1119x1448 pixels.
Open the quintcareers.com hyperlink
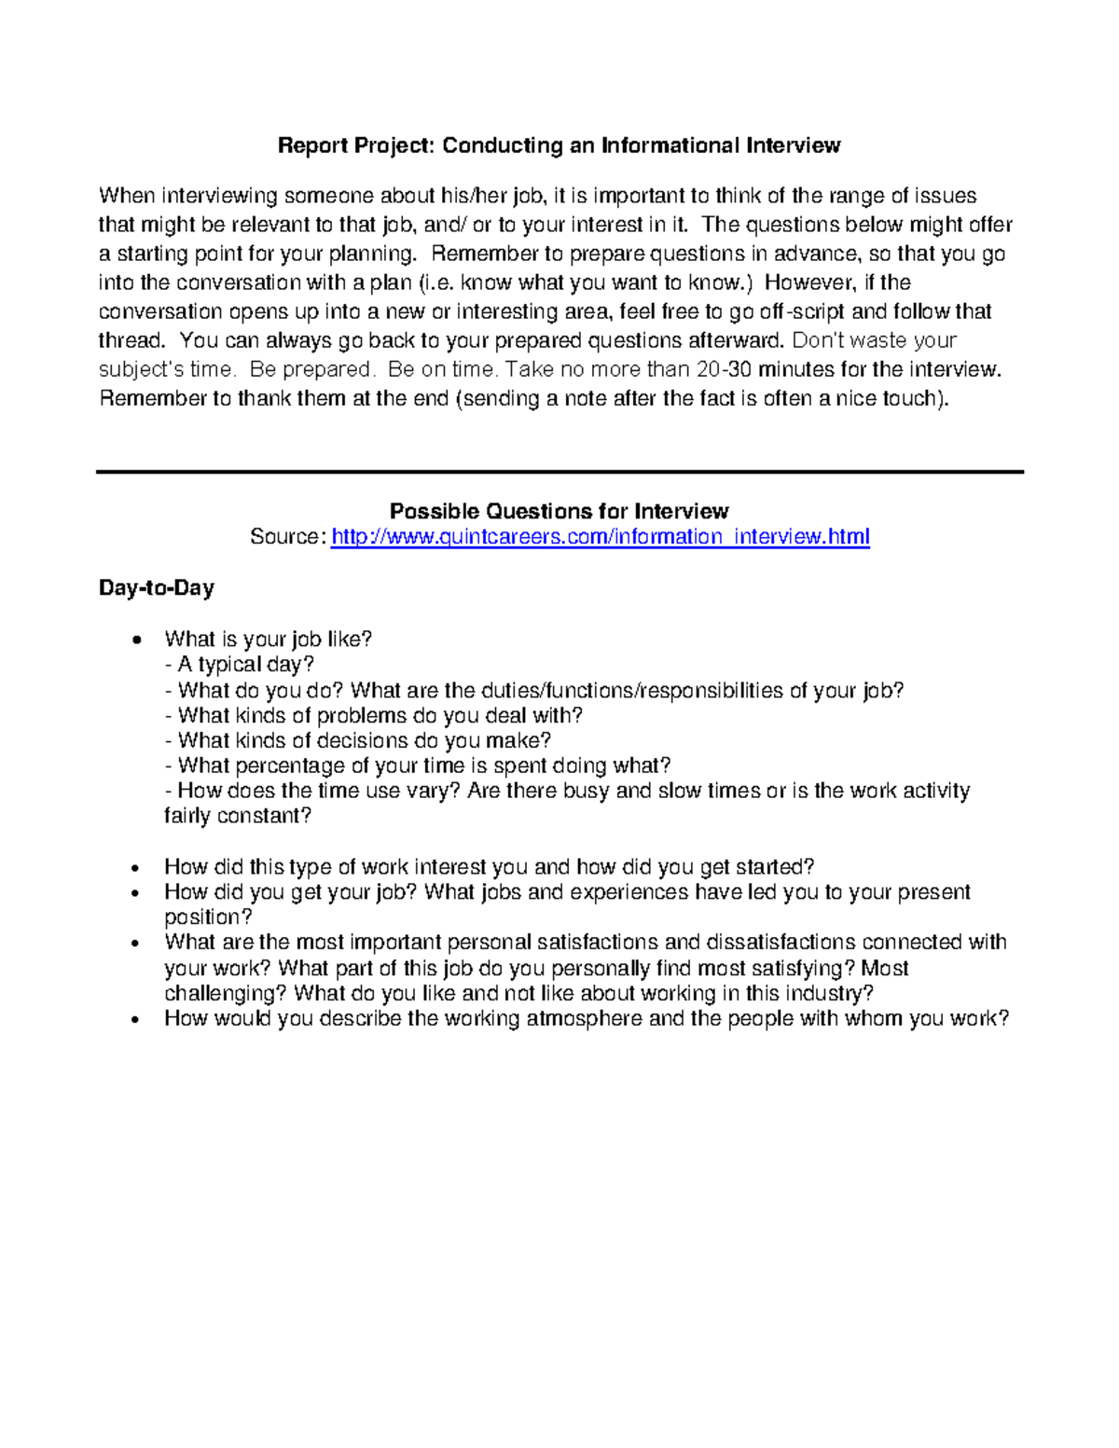[x=600, y=537]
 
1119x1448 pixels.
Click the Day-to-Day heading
[x=157, y=588]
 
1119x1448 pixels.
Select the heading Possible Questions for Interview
[x=559, y=511]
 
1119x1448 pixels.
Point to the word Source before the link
[x=287, y=537]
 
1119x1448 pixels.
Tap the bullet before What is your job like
[x=137, y=641]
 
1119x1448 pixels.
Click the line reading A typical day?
[x=245, y=665]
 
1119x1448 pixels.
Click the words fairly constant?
[x=237, y=817]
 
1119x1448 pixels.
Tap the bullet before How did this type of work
[x=137, y=868]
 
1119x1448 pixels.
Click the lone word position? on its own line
[x=208, y=918]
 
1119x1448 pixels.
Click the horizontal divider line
[x=559, y=472]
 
